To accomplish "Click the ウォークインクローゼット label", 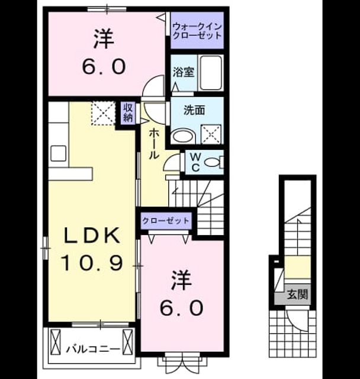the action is [197, 31].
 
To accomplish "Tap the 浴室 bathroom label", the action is [184, 72].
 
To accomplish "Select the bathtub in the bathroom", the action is [211, 73].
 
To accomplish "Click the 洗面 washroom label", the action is [194, 110].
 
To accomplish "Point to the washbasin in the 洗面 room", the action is [184, 137].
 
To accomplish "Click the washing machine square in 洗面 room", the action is [211, 134].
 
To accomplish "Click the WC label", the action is [195, 162].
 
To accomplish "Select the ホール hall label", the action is [154, 144].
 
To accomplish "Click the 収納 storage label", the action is [128, 113].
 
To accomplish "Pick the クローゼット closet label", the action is [166, 221].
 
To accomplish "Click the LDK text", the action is [92, 235].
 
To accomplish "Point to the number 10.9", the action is [92, 263].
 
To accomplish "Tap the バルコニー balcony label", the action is [94, 349].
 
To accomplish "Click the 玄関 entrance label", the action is [297, 294].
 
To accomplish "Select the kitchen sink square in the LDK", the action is [59, 153].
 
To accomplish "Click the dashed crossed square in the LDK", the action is [103, 113].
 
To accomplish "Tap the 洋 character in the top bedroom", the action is [104, 39].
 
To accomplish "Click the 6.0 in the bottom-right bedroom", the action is [181, 308].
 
